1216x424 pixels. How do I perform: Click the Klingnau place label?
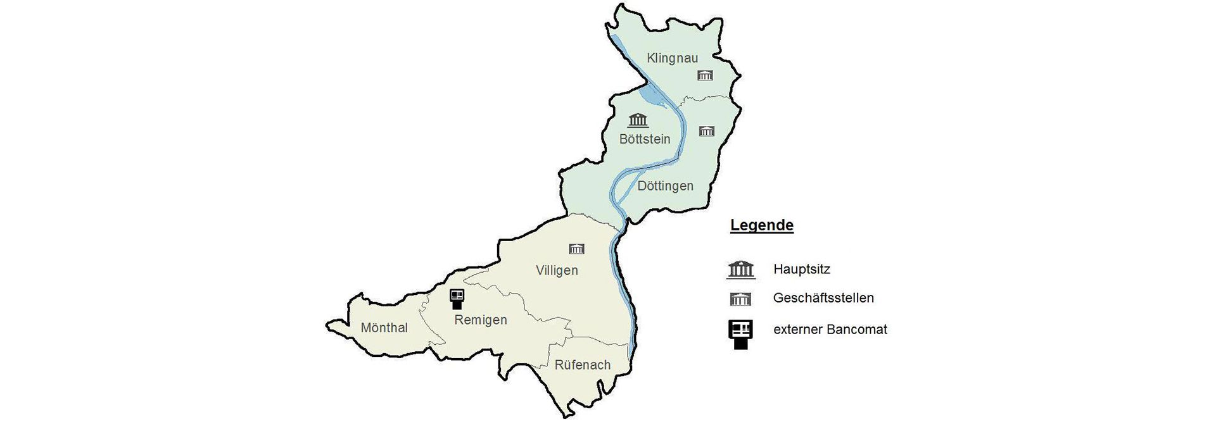click(x=672, y=58)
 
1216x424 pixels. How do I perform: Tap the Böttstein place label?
click(x=644, y=139)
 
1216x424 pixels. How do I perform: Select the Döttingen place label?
click(x=665, y=186)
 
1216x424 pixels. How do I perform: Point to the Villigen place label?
click(x=557, y=271)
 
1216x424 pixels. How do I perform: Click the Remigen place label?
click(x=481, y=320)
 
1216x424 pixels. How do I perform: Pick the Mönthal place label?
click(x=384, y=328)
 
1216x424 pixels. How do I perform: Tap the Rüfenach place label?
click(x=582, y=365)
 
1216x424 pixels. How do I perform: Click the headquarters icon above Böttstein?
click(x=638, y=120)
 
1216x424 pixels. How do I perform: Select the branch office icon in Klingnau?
click(x=705, y=76)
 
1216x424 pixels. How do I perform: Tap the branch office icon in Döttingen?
click(x=706, y=131)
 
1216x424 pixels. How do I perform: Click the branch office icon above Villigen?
click(x=576, y=248)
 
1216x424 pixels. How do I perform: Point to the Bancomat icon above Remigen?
click(x=457, y=299)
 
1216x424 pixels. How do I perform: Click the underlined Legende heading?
click(x=761, y=225)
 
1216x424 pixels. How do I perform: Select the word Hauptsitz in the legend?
click(x=801, y=270)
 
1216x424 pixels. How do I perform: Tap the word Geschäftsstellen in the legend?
click(x=823, y=298)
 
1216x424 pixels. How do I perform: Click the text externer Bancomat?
click(x=830, y=330)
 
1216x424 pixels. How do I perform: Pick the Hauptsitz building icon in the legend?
click(x=740, y=270)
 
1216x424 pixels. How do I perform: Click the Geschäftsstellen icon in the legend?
click(x=740, y=299)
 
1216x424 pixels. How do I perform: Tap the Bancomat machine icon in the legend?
click(x=740, y=334)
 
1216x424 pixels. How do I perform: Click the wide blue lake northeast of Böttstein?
click(x=652, y=97)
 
